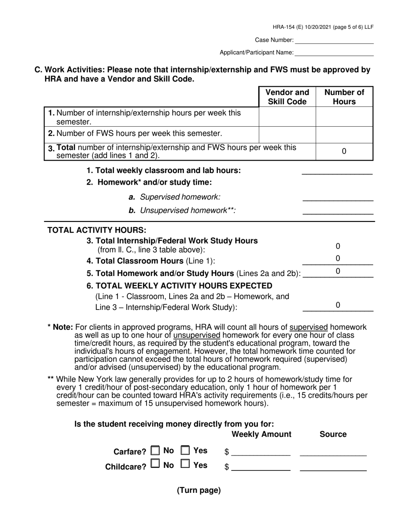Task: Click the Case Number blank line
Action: tap(334, 40)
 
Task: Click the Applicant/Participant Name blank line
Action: tap(334, 52)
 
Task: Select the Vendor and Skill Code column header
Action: tap(287, 97)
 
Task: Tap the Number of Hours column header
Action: tap(344, 97)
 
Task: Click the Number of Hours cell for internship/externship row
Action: tap(344, 117)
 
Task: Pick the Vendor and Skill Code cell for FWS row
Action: tap(287, 134)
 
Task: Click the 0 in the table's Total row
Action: tap(344, 152)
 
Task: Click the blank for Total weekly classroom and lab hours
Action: tap(337, 171)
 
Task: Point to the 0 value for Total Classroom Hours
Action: tap(338, 258)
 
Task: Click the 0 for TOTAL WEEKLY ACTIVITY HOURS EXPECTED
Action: tap(338, 305)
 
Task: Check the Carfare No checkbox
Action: tap(156, 451)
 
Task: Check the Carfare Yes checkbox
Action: tap(186, 451)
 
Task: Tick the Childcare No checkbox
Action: tap(156, 464)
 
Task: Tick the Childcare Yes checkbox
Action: tap(186, 464)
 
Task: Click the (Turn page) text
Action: tap(199, 491)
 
